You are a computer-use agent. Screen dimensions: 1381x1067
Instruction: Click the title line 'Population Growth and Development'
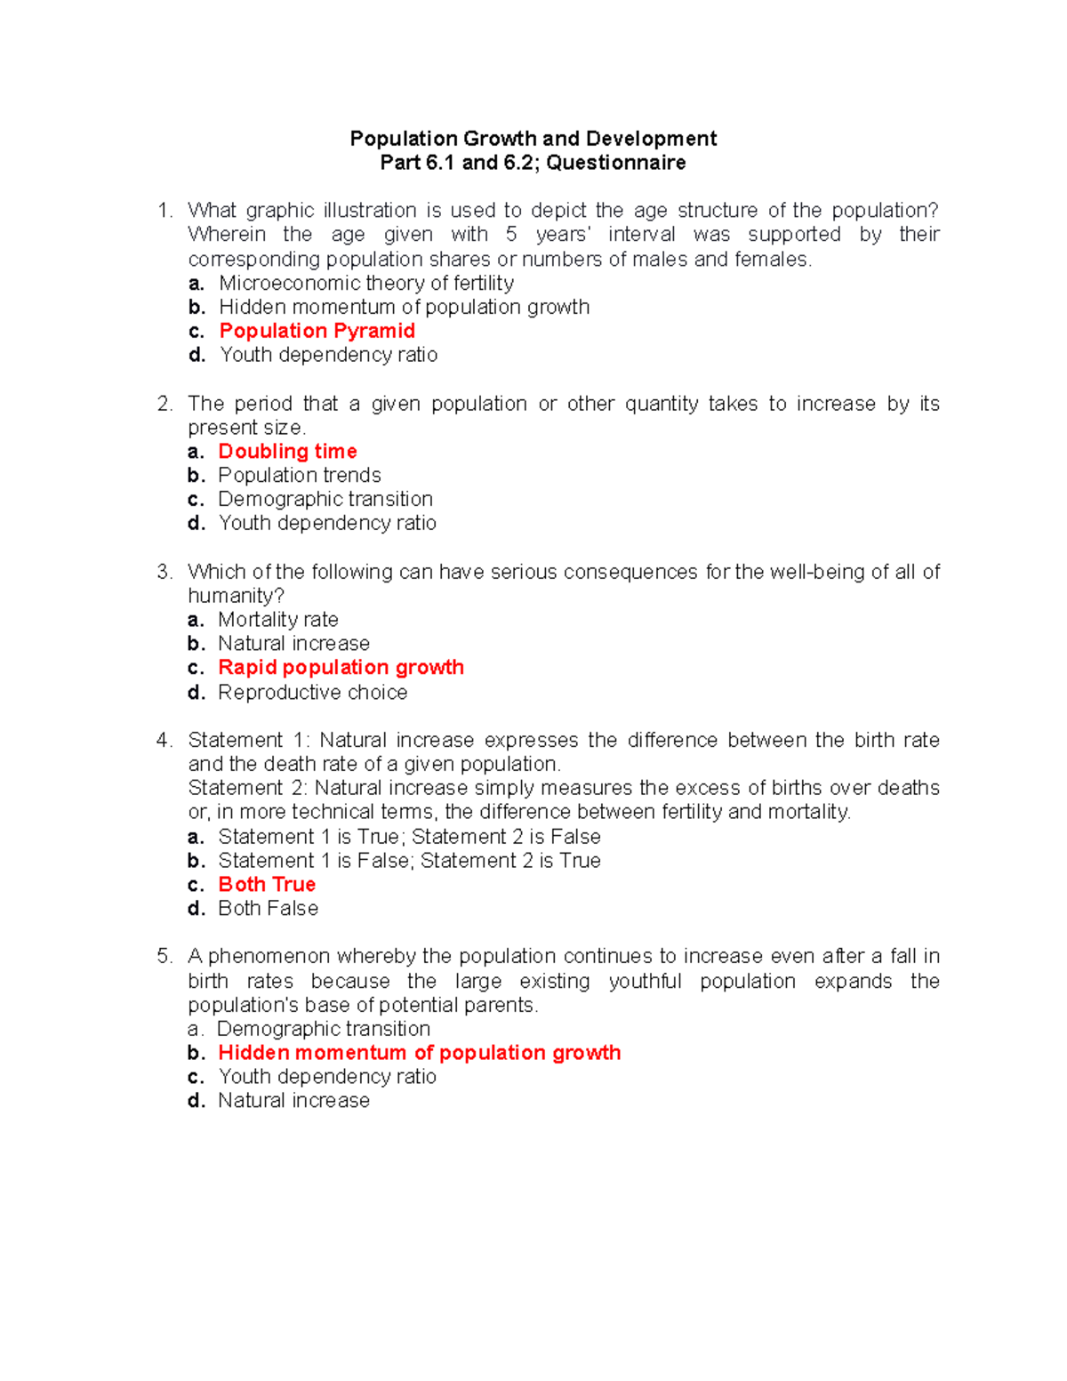pyautogui.click(x=533, y=139)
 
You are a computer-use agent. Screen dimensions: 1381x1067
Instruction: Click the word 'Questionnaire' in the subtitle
pyautogui.click(x=615, y=163)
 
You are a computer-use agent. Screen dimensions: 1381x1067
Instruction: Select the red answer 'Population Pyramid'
pyautogui.click(x=317, y=331)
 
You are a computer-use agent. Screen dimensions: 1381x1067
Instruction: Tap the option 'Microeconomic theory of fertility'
pyautogui.click(x=365, y=283)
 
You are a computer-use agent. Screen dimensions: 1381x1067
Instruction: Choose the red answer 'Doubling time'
pyautogui.click(x=287, y=452)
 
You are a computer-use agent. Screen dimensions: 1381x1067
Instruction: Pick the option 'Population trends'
pyautogui.click(x=299, y=475)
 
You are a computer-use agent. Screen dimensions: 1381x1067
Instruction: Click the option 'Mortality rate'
pyautogui.click(x=277, y=620)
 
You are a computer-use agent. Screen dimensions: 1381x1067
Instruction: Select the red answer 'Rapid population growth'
pyautogui.click(x=341, y=668)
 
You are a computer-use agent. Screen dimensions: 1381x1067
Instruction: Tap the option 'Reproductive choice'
pyautogui.click(x=312, y=693)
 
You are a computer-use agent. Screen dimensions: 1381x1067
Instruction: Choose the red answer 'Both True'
pyautogui.click(x=267, y=885)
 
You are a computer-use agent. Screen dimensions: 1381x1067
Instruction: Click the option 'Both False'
pyautogui.click(x=268, y=909)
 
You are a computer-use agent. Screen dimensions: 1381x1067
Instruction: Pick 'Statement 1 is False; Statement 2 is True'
pyautogui.click(x=409, y=861)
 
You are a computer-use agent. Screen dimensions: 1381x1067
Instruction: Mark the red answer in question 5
pyautogui.click(x=419, y=1053)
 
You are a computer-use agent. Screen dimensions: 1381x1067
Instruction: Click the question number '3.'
pyautogui.click(x=164, y=572)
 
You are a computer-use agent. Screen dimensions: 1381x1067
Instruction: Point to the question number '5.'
pyautogui.click(x=164, y=957)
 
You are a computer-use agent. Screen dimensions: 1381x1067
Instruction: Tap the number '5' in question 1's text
pyautogui.click(x=511, y=235)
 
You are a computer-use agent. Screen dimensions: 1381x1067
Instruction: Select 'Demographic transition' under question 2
pyautogui.click(x=325, y=499)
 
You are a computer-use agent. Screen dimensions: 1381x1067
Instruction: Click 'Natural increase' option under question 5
pyautogui.click(x=293, y=1101)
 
